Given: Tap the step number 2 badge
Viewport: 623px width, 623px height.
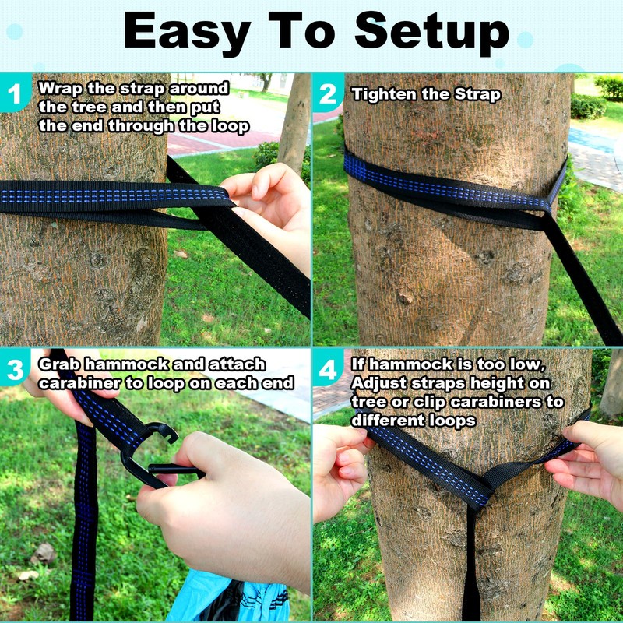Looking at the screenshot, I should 328,95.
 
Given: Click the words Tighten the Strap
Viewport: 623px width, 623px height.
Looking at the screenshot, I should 426,95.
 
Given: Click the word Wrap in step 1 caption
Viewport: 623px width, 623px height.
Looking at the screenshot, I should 60,87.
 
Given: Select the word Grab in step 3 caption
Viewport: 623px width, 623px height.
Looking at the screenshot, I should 62,364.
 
